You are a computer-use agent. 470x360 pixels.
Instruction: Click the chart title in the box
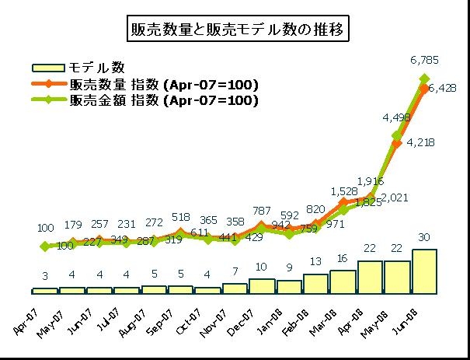[235, 30]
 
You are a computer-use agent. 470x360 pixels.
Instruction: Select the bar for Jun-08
[425, 271]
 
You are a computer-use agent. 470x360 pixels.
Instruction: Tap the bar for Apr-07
[45, 291]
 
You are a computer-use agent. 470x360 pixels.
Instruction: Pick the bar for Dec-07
[262, 286]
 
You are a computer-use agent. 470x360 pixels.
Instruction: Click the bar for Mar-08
[343, 281]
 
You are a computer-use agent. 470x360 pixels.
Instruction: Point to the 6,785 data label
[425, 60]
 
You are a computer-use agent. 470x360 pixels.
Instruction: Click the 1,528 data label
[343, 190]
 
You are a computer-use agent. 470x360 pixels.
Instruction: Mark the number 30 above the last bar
[425, 237]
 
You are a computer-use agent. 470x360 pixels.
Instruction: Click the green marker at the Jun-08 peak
[425, 78]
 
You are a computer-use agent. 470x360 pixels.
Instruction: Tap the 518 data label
[180, 218]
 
